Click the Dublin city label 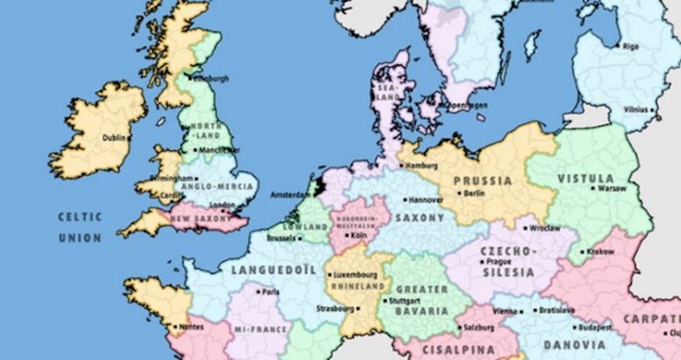(x=114, y=137)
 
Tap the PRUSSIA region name (x=483, y=180)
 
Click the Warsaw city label (x=612, y=188)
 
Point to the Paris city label (x=272, y=292)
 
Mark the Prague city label (x=498, y=262)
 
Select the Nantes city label (x=191, y=327)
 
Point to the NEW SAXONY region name (x=201, y=219)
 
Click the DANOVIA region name (x=575, y=346)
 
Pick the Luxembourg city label (x=355, y=275)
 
